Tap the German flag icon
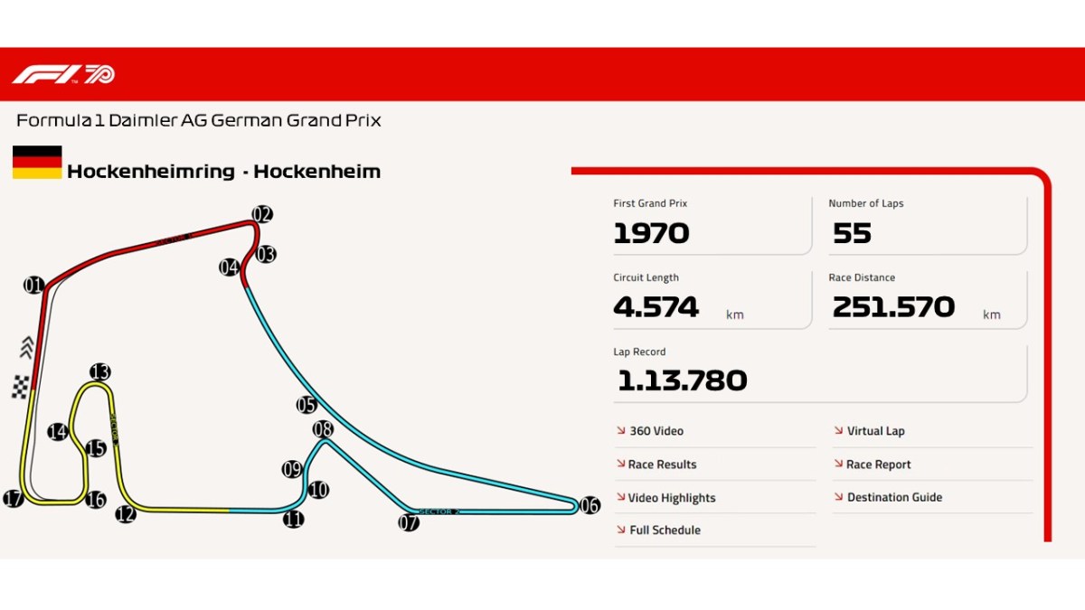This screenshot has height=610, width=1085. (37, 163)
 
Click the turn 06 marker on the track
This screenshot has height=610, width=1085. (590, 505)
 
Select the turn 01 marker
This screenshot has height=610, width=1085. (33, 286)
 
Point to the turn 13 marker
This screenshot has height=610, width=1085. (99, 371)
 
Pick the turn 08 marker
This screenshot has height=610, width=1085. (323, 428)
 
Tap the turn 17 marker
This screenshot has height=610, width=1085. (13, 499)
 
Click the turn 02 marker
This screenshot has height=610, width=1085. (262, 214)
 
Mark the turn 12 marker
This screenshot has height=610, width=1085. (125, 514)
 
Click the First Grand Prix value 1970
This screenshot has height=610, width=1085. (651, 233)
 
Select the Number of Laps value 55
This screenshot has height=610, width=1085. (851, 233)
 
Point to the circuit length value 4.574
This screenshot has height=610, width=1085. (656, 307)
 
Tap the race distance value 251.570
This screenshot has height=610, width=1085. (893, 307)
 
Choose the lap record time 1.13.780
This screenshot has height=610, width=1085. (682, 380)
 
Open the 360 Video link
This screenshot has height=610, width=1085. (656, 431)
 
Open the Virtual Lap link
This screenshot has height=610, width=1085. (874, 431)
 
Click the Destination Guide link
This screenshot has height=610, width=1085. (893, 497)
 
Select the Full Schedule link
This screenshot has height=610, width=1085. (665, 530)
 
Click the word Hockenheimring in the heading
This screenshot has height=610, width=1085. (150, 172)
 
